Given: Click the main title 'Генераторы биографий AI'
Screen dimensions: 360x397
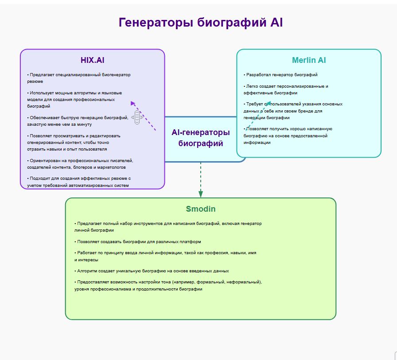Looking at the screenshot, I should coord(201,23).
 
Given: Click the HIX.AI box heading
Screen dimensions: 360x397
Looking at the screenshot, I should coord(92,60).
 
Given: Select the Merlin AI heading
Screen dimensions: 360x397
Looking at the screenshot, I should coord(309,60).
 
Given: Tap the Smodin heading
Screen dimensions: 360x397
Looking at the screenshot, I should coord(201,209).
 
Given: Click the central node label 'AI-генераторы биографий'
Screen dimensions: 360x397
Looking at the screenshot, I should coord(201,138).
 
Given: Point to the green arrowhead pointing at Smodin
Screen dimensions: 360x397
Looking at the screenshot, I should coord(201,194).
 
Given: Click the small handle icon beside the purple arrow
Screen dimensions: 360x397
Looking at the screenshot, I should coord(137,118).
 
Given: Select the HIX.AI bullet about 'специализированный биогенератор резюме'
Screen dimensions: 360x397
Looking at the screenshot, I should coord(79,78).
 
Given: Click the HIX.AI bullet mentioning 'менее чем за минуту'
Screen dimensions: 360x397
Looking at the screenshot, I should coord(78,121).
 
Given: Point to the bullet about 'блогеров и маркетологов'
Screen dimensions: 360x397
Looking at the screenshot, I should coord(80,164).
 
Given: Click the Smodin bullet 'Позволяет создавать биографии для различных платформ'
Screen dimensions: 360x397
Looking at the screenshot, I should coord(139,242).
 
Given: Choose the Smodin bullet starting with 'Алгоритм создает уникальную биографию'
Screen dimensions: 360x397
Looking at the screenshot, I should coord(153,271).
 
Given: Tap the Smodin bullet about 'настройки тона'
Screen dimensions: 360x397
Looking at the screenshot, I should coord(168,285).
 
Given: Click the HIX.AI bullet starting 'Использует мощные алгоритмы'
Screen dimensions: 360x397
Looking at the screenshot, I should coord(74,99).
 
